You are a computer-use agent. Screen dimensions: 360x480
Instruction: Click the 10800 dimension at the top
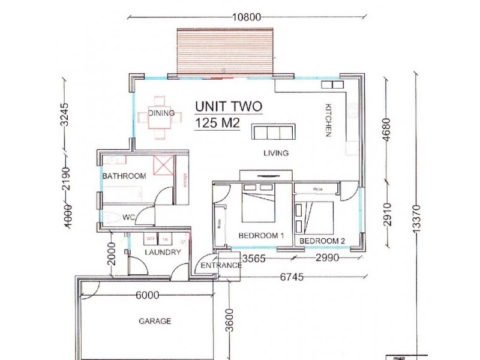click(x=247, y=17)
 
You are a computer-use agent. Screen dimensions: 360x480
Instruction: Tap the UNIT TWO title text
click(x=229, y=107)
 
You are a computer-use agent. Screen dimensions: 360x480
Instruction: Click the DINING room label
click(x=161, y=113)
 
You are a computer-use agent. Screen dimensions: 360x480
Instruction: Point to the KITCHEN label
click(x=328, y=121)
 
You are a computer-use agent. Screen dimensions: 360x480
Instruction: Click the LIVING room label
click(x=276, y=153)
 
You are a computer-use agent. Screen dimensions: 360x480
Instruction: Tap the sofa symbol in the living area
click(x=272, y=132)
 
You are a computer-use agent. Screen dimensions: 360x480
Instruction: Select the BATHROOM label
click(x=124, y=176)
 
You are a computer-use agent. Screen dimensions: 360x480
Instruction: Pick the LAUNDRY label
click(x=163, y=253)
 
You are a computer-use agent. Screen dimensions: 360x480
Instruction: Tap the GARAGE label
click(x=155, y=321)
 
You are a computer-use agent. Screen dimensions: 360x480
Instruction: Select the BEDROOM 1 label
click(x=261, y=236)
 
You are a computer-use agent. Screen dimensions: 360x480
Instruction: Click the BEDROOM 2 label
click(x=322, y=241)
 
